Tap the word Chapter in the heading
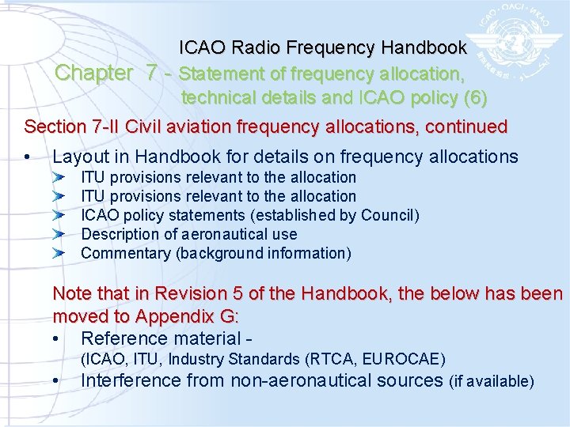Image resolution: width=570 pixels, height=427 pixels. [x=94, y=74]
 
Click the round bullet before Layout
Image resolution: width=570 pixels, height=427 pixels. [x=28, y=157]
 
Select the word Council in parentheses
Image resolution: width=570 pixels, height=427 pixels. [x=387, y=215]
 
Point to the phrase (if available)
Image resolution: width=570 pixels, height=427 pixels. [x=492, y=381]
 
